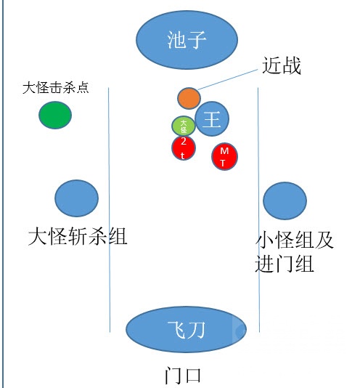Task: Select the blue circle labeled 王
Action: pyautogui.click(x=212, y=118)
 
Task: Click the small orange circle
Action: pyautogui.click(x=189, y=97)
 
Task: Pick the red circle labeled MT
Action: pyautogui.click(x=225, y=155)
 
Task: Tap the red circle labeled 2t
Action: pyautogui.click(x=184, y=147)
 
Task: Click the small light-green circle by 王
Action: pyautogui.click(x=184, y=126)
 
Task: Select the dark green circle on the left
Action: pyautogui.click(x=55, y=116)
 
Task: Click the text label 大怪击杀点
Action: pyautogui.click(x=56, y=88)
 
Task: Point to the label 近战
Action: pyautogui.click(x=281, y=67)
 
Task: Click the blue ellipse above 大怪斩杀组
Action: pyautogui.click(x=77, y=197)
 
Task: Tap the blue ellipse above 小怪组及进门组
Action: pyautogui.click(x=285, y=201)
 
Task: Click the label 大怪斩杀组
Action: pyautogui.click(x=78, y=236)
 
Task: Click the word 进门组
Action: pyautogui.click(x=285, y=264)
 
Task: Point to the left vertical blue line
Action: pyautogui.click(x=110, y=211)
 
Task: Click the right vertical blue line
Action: pyautogui.click(x=260, y=211)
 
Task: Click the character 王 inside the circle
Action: pyautogui.click(x=211, y=119)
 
